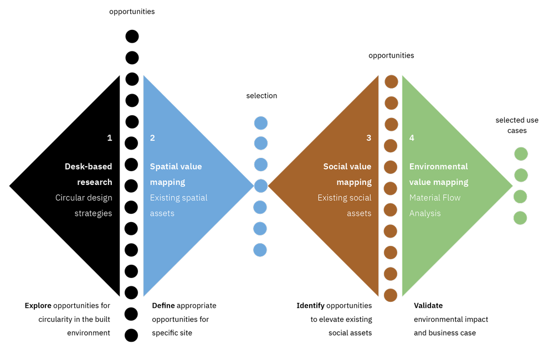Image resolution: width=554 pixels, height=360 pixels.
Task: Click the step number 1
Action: [x=110, y=138]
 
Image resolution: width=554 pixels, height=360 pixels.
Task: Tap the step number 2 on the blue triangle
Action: [x=152, y=138]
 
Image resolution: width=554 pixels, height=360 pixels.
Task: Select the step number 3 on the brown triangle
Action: [x=369, y=138]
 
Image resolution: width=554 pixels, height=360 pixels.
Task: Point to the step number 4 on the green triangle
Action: [x=412, y=138]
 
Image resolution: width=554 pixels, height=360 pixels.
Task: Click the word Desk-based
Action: [x=88, y=166]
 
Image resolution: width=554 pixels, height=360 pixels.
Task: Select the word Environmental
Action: [x=438, y=166]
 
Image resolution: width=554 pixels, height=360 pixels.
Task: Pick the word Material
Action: [x=426, y=198]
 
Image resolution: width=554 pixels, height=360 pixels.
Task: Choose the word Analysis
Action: [x=425, y=213]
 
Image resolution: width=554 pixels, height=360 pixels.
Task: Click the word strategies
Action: [x=93, y=213]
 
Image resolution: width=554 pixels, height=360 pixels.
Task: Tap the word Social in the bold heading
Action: [x=335, y=166]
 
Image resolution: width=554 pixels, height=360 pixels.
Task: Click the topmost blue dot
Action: [x=261, y=123]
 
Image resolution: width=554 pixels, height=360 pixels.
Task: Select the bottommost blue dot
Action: [x=260, y=250]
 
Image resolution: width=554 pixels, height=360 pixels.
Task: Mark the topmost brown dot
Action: [x=391, y=81]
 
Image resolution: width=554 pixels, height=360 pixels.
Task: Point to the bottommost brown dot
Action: [x=391, y=295]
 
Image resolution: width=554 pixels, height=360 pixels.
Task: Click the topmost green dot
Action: [x=521, y=154]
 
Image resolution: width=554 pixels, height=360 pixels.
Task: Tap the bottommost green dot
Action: [x=520, y=218]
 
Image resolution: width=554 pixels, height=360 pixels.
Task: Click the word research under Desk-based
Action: [x=94, y=182]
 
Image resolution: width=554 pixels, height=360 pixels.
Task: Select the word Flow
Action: [x=452, y=198]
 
